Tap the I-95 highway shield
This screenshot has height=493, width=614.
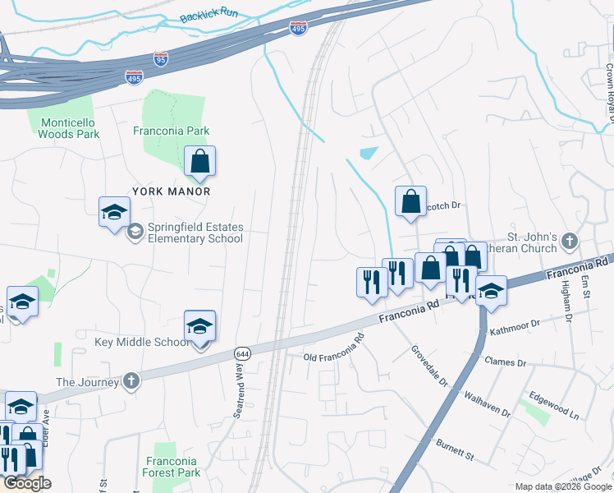(x=161, y=59)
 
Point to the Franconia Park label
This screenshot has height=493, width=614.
(x=172, y=131)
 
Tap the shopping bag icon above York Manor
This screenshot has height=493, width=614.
(x=199, y=163)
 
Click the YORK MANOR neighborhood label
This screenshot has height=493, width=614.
(x=173, y=191)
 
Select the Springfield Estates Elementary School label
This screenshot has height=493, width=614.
(x=195, y=233)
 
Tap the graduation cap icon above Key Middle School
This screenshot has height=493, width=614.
(x=199, y=326)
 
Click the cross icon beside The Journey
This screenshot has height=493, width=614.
(x=131, y=381)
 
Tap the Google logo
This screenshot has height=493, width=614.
(x=27, y=483)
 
